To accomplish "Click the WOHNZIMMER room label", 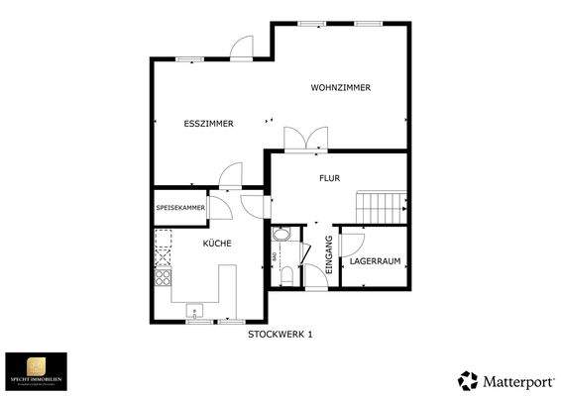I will click(x=340, y=88).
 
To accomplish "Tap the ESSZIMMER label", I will click(x=208, y=124).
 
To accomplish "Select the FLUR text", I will click(x=329, y=179).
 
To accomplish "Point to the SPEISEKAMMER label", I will click(x=180, y=208).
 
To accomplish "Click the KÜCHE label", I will click(x=217, y=243).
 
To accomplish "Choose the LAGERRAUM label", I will click(x=375, y=262).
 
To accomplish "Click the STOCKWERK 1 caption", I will click(x=280, y=335).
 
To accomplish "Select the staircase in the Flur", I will click(x=382, y=208).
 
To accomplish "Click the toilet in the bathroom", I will click(x=285, y=274).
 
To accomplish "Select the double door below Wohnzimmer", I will click(x=303, y=140).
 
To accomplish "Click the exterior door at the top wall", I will click(x=243, y=49).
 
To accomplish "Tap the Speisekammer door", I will click(x=222, y=208).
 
